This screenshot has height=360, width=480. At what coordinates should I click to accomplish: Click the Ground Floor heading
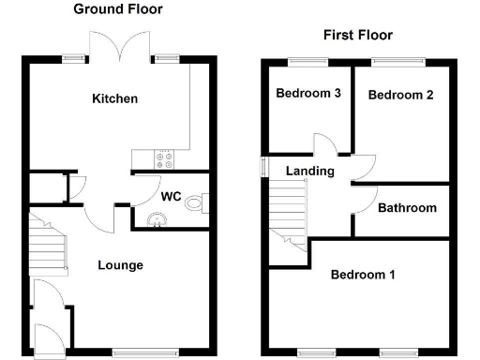[x=118, y=9]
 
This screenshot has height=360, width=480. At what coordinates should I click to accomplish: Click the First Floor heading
[x=358, y=36]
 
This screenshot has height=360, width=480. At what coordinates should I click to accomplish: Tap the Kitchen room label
[x=114, y=98]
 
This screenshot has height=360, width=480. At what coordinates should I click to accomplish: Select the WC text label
[x=171, y=197]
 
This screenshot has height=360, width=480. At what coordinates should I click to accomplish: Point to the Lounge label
[x=121, y=265]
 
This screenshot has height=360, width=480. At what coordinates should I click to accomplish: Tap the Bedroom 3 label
[x=307, y=94]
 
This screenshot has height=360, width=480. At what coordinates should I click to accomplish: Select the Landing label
[x=310, y=171]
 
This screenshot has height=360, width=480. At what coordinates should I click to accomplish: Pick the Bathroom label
[x=407, y=207]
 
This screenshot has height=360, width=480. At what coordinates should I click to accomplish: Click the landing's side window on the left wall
[x=262, y=165]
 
